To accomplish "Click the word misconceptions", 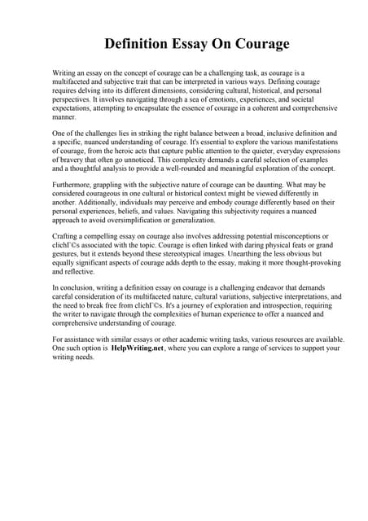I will (280, 235).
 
